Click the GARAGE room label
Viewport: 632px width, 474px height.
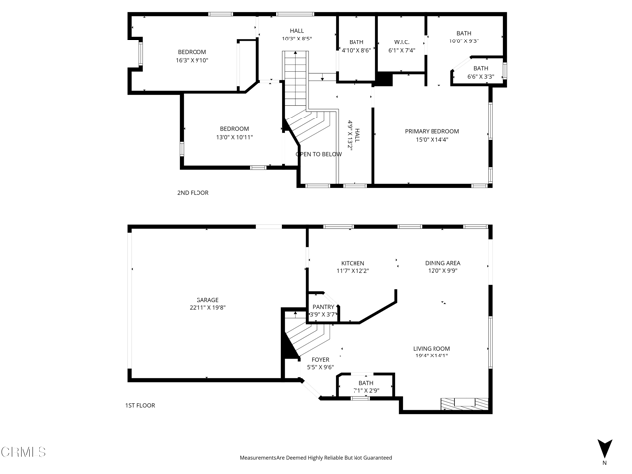pos(207,300)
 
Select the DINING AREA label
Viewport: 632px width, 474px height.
pos(442,263)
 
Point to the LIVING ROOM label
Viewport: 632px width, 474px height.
pos(431,348)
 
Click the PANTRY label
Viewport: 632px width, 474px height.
pos(324,307)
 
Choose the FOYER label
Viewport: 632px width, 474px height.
pos(321,360)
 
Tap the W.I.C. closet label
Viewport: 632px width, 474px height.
pos(400,41)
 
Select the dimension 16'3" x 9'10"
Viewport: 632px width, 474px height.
pos(192,60)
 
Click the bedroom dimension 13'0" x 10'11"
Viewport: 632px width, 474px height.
pos(234,137)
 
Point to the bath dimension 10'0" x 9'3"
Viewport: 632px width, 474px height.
pos(463,41)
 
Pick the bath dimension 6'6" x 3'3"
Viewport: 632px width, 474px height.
pos(480,76)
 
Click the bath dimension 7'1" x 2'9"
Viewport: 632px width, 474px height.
pos(365,391)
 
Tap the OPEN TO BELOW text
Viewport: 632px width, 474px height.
pos(319,154)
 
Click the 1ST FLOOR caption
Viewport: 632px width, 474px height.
pos(140,405)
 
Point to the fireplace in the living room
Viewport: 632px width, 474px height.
pos(464,403)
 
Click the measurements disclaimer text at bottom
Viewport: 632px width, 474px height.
pos(315,458)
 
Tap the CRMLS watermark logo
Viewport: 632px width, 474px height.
pos(25,453)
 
